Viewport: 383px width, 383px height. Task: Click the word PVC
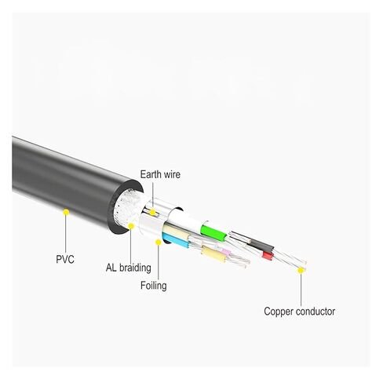coord(65,259)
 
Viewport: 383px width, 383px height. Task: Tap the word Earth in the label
coord(150,174)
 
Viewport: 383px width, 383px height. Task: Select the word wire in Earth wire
coord(171,174)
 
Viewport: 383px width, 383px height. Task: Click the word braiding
coord(135,268)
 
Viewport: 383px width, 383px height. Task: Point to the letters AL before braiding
coord(111,268)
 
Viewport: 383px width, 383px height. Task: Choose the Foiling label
coord(154,286)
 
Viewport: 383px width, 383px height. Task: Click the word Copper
coord(279,312)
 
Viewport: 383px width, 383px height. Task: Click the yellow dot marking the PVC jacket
coord(66,212)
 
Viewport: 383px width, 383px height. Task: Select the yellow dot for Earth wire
coord(152,212)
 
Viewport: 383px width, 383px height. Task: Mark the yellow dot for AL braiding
coord(131,226)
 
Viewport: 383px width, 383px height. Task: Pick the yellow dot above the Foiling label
coord(158,243)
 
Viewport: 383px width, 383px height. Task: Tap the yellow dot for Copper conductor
coord(301,270)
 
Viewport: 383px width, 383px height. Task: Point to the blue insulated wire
coord(176,241)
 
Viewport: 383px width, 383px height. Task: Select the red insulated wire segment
coord(268,256)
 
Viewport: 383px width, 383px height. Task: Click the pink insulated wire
coord(225,252)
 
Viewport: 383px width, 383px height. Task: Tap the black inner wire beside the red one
coord(261,246)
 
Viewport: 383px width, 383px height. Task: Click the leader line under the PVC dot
coord(66,234)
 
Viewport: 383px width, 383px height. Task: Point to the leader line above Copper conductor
coord(301,290)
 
